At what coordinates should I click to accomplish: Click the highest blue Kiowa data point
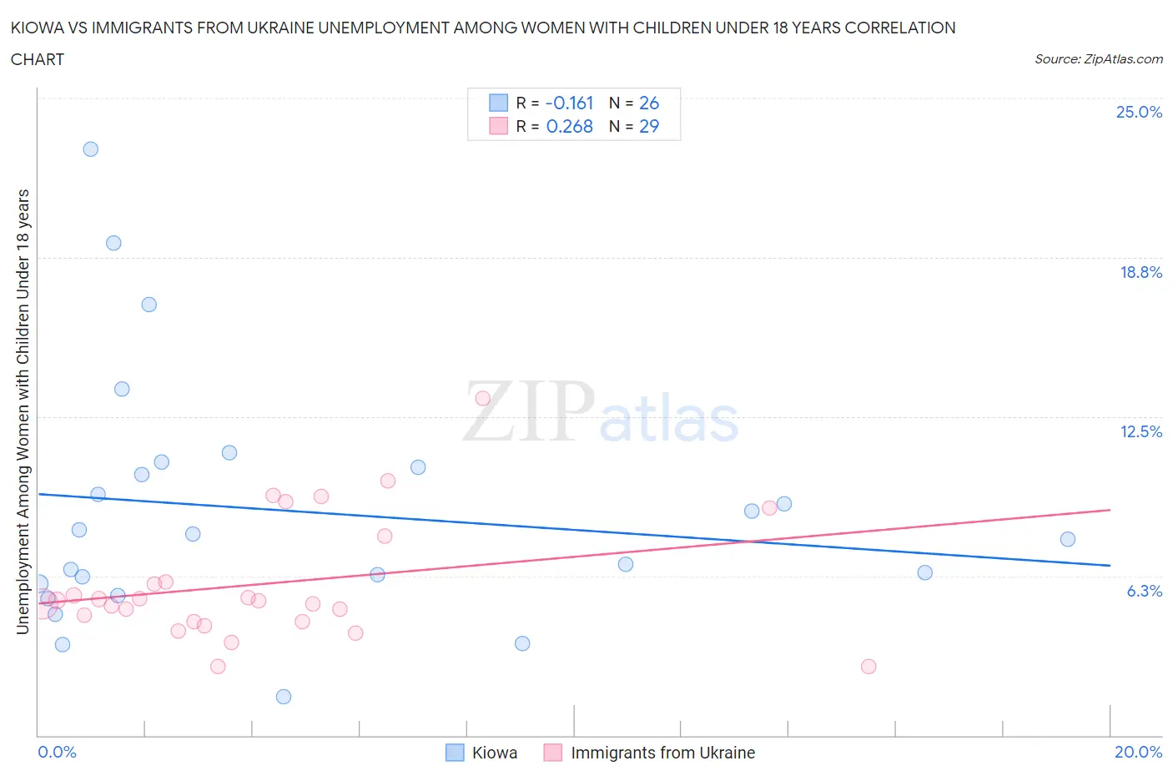point(91,149)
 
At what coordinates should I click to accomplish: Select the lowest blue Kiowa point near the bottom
point(284,697)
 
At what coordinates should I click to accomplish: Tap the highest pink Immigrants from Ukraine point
point(482,398)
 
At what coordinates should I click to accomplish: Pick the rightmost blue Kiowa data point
point(1068,539)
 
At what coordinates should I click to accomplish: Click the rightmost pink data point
point(868,666)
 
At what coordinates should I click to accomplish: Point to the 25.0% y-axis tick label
point(1139,113)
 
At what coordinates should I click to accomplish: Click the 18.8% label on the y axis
point(1140,272)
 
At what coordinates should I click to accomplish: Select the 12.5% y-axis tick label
point(1140,431)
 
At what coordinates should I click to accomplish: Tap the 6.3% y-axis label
point(1144,591)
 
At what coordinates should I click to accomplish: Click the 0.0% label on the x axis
point(57,752)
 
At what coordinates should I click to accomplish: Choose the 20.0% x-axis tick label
point(1138,752)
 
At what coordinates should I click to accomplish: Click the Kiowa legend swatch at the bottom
point(455,753)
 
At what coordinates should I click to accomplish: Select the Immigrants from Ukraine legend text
point(662,753)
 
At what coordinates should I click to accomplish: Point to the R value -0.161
point(569,103)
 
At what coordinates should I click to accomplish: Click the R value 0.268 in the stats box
point(569,126)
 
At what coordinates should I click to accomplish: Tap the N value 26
point(648,103)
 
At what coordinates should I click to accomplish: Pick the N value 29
point(648,126)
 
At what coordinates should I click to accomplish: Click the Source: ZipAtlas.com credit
point(1098,59)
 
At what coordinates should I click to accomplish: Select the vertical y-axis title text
point(23,411)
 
